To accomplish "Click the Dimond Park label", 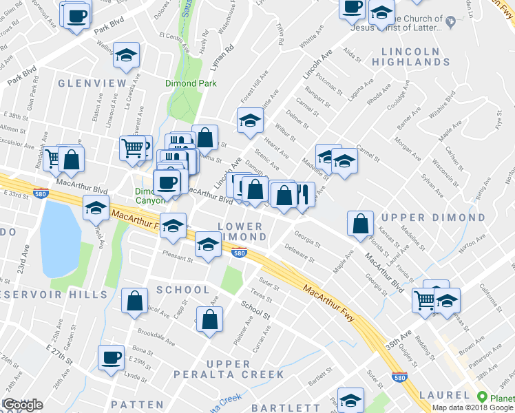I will pyautogui.click(x=191, y=83).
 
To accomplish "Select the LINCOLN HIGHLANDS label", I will pyautogui.click(x=410, y=56).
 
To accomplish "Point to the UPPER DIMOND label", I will pyautogui.click(x=433, y=218).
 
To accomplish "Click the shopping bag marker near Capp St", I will pyautogui.click(x=134, y=300).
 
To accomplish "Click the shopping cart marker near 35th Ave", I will pyautogui.click(x=424, y=299).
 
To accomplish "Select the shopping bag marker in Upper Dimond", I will pyautogui.click(x=361, y=224).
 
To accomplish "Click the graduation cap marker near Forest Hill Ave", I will pyautogui.click(x=251, y=120).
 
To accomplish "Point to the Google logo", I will pyautogui.click(x=23, y=405).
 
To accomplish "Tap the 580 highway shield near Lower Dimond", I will pyautogui.click(x=239, y=253).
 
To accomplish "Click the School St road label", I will pyautogui.click(x=256, y=310).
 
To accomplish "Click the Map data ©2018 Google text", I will pyautogui.click(x=472, y=407).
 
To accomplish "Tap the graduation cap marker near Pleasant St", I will pyautogui.click(x=208, y=244).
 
